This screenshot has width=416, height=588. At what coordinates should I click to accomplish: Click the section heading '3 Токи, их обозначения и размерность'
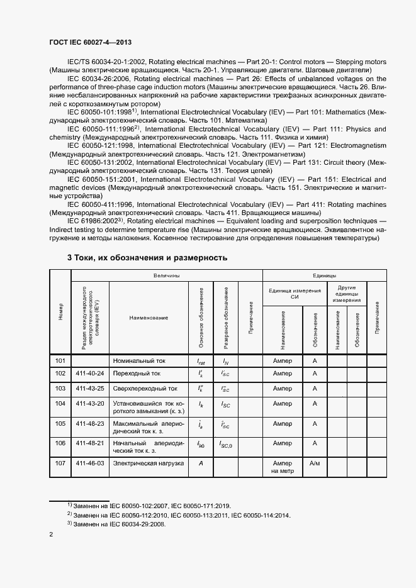147,258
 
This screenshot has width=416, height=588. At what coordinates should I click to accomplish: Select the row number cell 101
60,361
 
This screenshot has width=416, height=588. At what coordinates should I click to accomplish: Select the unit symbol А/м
315,463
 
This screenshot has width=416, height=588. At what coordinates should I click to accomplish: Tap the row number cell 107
60,463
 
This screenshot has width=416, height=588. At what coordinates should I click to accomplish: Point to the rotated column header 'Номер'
60,312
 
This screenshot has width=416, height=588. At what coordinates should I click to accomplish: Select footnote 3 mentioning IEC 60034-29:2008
116,523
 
